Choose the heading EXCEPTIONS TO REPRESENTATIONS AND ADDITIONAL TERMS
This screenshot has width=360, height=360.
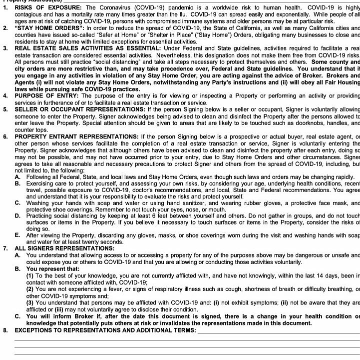pyautogui.click(x=105, y=330)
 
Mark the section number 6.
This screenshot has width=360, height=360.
pyautogui.click(x=4, y=136)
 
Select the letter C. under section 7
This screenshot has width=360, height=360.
pyautogui.click(x=17, y=316)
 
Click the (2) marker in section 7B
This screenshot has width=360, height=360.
pyautogui.click(x=30, y=288)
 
